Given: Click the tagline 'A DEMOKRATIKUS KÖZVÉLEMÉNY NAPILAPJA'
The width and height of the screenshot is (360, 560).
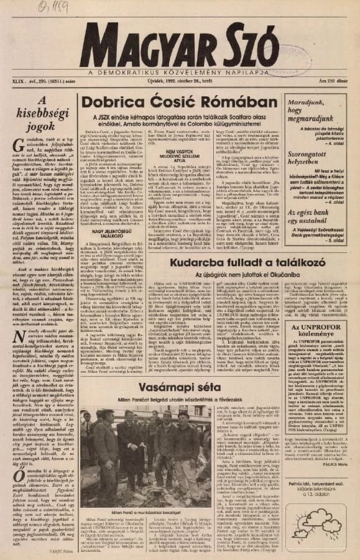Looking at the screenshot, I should click(x=180, y=73).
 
